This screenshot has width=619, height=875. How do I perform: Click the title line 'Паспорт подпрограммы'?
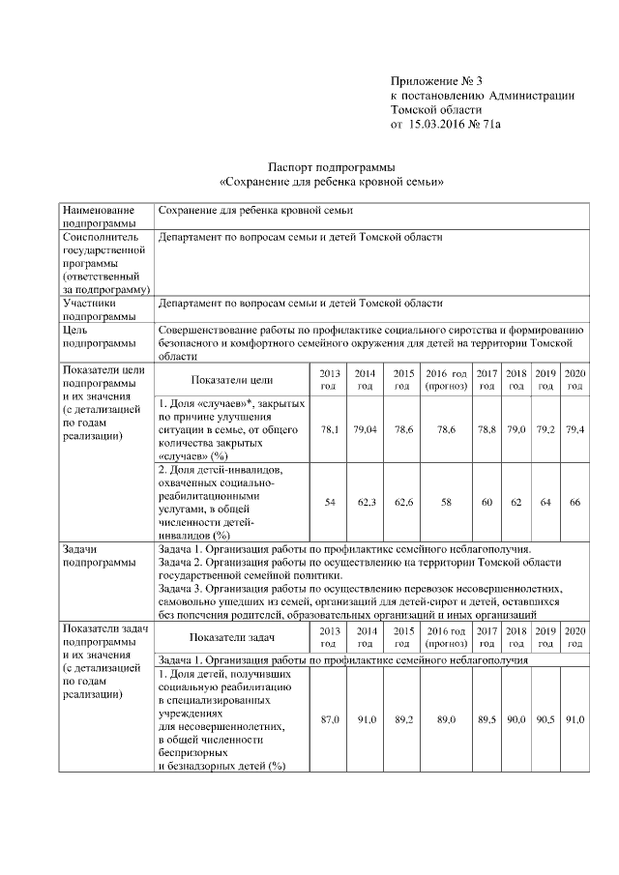click(x=333, y=167)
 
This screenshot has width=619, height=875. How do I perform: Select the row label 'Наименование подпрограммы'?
click(x=99, y=217)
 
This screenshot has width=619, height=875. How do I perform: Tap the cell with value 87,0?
click(x=330, y=720)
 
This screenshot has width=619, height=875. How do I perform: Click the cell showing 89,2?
click(x=399, y=720)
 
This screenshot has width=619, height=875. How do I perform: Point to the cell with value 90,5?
click(x=545, y=720)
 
